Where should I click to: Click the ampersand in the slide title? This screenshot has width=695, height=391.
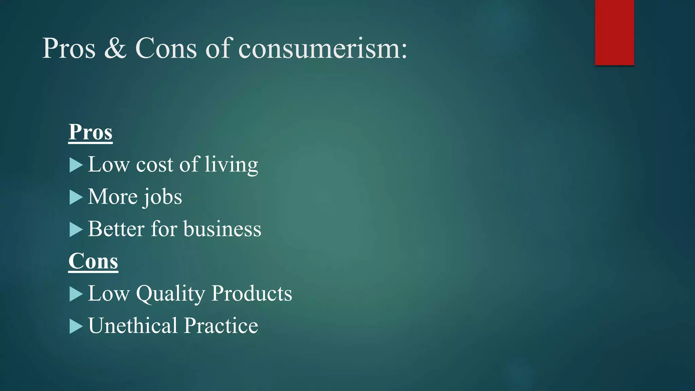[115, 49]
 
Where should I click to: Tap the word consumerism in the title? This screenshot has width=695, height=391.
[322, 49]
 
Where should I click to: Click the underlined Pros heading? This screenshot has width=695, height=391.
[90, 132]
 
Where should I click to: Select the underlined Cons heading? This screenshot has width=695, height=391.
[93, 261]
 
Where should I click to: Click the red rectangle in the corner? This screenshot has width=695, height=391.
[614, 32]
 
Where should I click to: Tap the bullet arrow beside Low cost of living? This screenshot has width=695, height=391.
[76, 165]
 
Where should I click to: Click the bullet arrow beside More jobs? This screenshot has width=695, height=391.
[76, 198]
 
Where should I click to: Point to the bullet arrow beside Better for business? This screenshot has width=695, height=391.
[76, 230]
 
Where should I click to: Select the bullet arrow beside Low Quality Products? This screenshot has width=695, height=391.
[76, 294]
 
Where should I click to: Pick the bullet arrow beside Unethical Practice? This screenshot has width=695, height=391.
[76, 327]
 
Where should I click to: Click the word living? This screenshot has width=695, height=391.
[231, 165]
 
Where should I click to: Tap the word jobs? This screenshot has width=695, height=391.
[162, 197]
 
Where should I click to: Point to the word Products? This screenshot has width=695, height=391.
[251, 293]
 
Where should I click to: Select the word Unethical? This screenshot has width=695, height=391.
[133, 325]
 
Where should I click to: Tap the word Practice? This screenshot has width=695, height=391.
[221, 325]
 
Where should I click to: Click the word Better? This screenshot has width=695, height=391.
[116, 229]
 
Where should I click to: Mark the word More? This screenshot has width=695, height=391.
[113, 197]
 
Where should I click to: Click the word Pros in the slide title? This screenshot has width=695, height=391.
[69, 49]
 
